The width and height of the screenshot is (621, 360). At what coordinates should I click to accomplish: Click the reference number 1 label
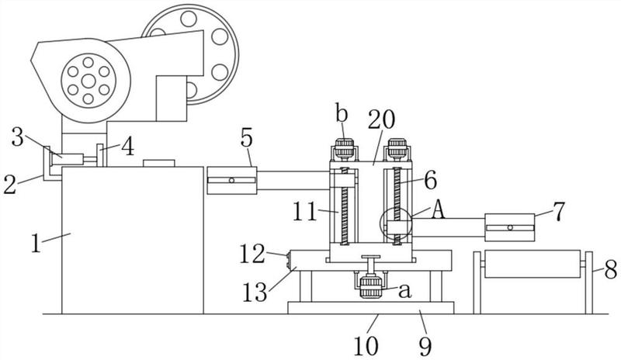point(36,243)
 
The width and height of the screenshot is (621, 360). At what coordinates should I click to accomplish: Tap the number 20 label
point(381,119)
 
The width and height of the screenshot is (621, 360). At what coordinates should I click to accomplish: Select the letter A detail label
point(438,209)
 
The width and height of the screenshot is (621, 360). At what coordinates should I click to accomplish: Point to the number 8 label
point(610,270)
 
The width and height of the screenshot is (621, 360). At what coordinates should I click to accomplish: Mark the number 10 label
point(366,346)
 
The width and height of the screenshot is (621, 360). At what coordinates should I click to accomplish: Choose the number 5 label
point(246,138)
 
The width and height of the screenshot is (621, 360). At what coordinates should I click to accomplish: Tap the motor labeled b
point(344,149)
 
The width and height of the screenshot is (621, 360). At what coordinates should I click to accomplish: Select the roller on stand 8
point(533,263)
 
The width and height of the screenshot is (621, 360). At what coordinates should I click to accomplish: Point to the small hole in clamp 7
point(510,228)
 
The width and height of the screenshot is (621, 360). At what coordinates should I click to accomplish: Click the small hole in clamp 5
point(231,181)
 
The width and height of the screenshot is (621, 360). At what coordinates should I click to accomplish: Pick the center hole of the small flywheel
point(88,81)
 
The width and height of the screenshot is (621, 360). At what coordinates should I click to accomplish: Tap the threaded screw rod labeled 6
point(397,206)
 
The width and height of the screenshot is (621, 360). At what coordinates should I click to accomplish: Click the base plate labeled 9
point(371,308)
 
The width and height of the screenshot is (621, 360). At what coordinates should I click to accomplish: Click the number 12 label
point(252,254)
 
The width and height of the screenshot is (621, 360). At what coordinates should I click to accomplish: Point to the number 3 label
point(17,137)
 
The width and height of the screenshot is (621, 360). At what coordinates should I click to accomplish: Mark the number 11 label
point(304,211)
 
